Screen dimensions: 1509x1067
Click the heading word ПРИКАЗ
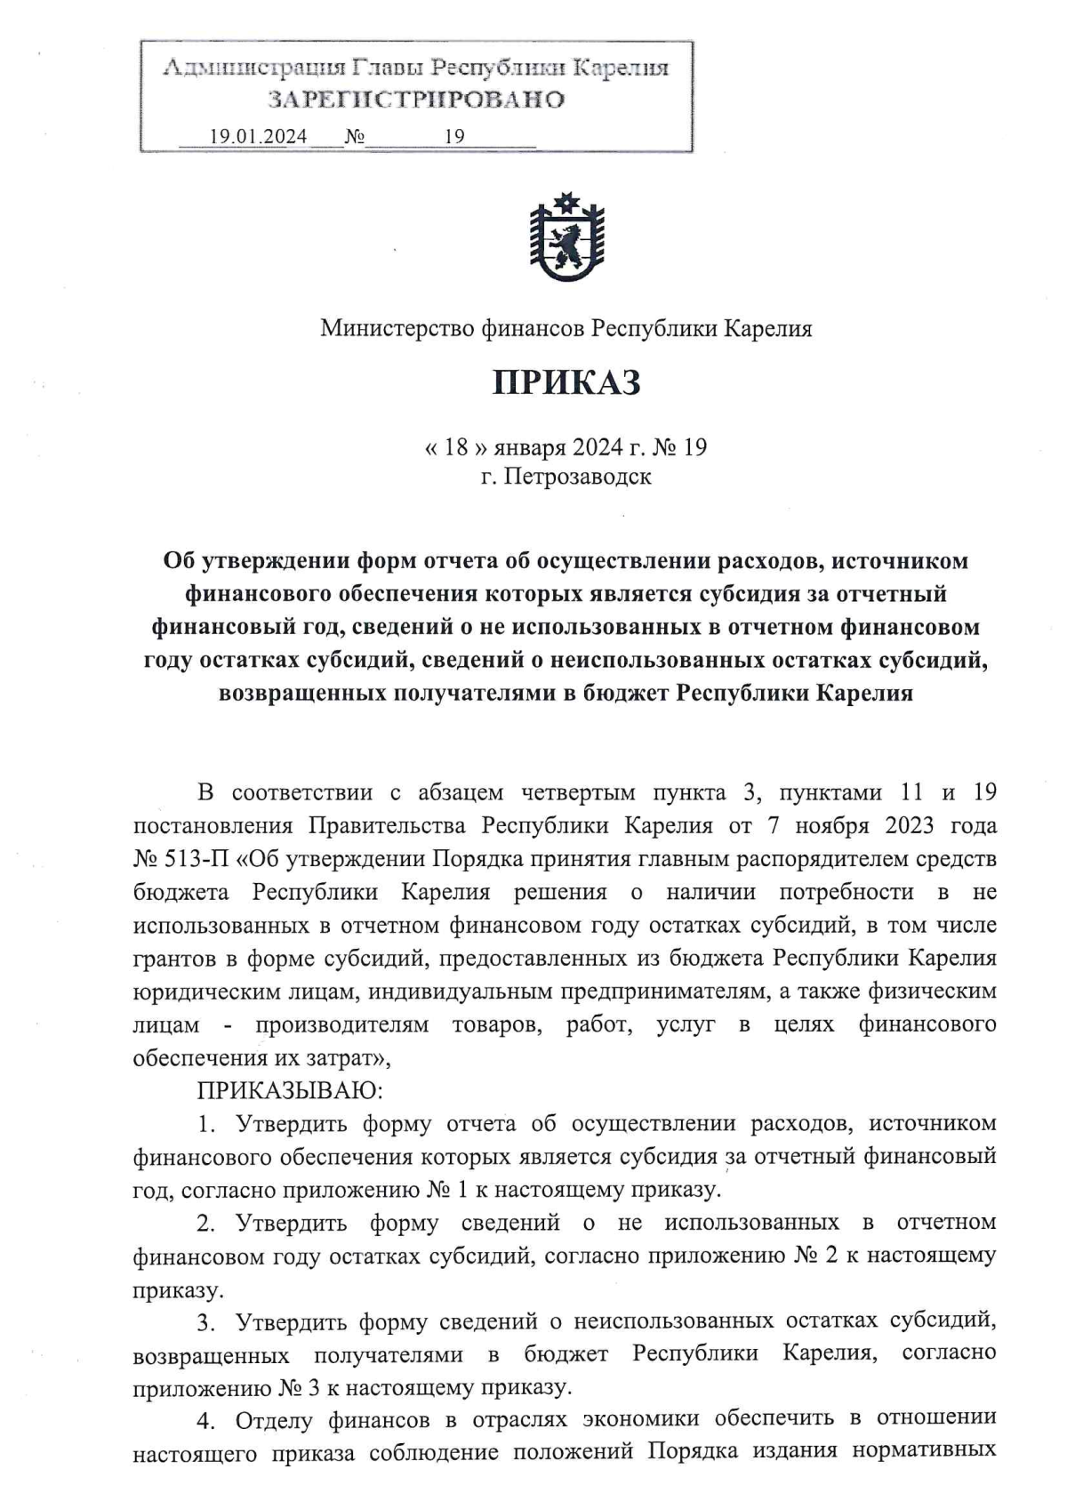[566, 383]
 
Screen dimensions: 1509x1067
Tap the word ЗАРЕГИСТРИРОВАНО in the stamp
[417, 100]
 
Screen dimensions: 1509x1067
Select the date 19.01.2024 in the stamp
[258, 136]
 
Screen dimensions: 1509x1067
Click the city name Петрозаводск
[578, 477]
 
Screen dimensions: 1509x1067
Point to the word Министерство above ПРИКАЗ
[397, 329]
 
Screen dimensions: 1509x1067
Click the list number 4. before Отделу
[205, 1421]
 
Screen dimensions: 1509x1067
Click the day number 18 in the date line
[455, 446]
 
